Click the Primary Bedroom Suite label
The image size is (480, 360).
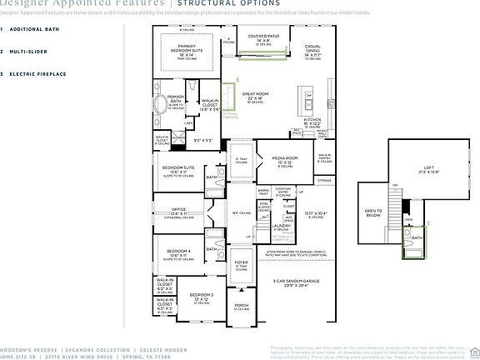tap(186, 48)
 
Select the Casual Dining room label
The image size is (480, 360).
tap(312, 50)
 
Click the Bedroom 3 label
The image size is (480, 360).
tap(201, 296)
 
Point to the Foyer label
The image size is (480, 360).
tap(241, 262)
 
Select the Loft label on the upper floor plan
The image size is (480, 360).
tap(428, 167)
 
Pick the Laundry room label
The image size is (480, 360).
tap(281, 225)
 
